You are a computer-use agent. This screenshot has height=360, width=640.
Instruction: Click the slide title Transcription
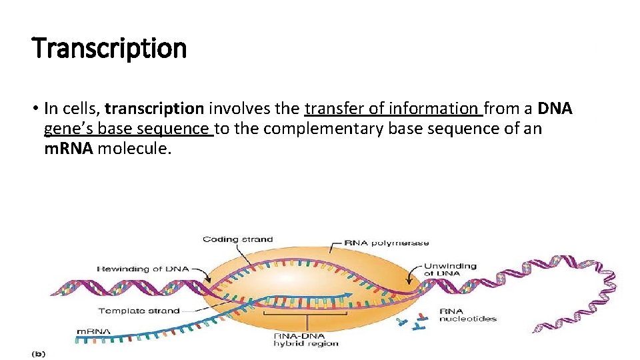point(109,48)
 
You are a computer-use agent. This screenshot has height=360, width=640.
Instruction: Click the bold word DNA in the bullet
point(555,108)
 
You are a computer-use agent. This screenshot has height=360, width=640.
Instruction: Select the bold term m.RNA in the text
point(69,148)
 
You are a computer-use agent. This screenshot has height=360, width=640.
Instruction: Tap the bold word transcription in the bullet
point(154,108)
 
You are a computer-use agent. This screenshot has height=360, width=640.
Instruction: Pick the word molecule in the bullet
point(135,148)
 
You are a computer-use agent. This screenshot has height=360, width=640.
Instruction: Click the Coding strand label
point(237,239)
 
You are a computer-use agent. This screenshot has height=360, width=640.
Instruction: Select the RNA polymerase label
point(387,243)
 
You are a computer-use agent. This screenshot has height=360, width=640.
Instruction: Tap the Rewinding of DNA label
point(143,269)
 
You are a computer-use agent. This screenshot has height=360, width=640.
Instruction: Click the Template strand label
point(139,311)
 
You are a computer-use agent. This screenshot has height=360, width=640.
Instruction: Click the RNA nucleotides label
point(467,315)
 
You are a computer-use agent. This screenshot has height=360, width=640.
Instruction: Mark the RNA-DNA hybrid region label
point(307,339)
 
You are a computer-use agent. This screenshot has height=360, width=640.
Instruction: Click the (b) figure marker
point(38,354)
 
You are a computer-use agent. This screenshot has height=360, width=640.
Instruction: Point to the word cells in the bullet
point(84,108)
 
